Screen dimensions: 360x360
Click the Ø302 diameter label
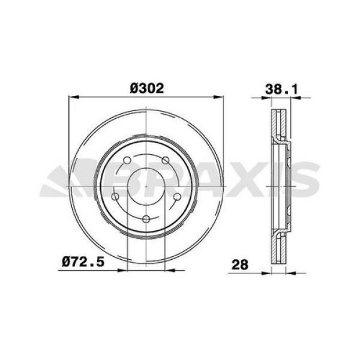pos(147,88)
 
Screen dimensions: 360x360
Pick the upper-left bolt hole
pos(127,160)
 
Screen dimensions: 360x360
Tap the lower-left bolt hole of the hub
pos(115,196)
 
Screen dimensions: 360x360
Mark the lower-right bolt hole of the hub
pos(178,196)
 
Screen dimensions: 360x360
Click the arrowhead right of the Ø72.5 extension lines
pos(170,270)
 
